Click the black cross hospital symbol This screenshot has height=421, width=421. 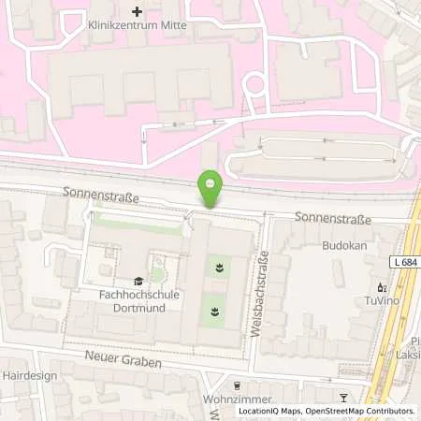(x=138, y=11)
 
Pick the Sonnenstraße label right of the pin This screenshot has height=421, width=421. (x=333, y=219)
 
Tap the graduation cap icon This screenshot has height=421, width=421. (x=138, y=280)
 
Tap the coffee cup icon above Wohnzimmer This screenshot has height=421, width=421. (x=237, y=384)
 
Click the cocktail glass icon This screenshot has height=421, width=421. (x=343, y=398)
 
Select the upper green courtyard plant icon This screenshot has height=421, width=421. (x=218, y=268)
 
